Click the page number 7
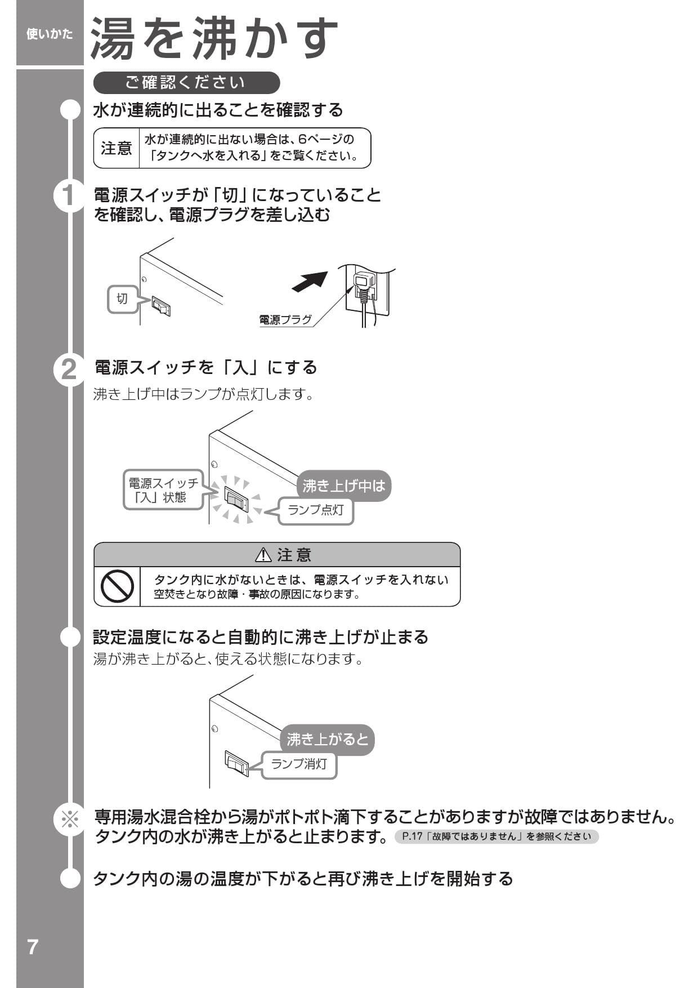pyautogui.click(x=33, y=947)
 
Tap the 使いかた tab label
pyautogui.click(x=50, y=34)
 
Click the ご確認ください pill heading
pyautogui.click(x=186, y=83)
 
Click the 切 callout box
pyautogui.click(x=122, y=299)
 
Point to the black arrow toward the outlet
pyautogui.click(x=310, y=282)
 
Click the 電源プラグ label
pyautogui.click(x=285, y=320)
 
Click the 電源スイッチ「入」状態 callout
pyautogui.click(x=163, y=490)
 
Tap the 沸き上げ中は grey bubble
pyautogui.click(x=343, y=486)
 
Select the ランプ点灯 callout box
pyautogui.click(x=316, y=510)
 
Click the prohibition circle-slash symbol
pyautogui.click(x=117, y=586)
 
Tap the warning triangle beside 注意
pyautogui.click(x=263, y=555)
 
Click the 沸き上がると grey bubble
pyautogui.click(x=327, y=739)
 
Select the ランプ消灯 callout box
pyautogui.click(x=299, y=764)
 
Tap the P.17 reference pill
pyautogui.click(x=496, y=836)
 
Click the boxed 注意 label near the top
pyautogui.click(x=117, y=148)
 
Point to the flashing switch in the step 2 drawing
pyautogui.click(x=236, y=499)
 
